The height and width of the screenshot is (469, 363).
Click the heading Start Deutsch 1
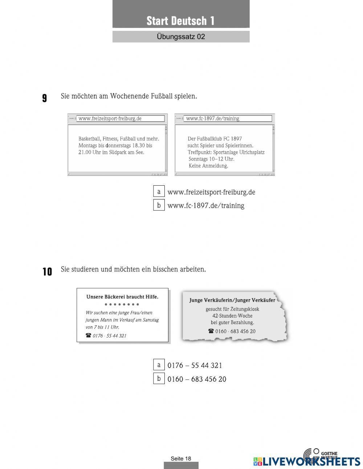(180, 21)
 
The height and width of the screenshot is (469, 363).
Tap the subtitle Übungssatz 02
(181, 37)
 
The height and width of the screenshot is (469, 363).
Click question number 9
(44, 98)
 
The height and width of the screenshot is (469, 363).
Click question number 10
(47, 271)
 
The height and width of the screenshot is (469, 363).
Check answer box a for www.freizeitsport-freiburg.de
(159, 191)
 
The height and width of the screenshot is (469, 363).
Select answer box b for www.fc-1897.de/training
(159, 205)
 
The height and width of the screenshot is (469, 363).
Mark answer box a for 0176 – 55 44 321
(159, 365)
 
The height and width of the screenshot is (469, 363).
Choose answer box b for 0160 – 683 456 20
(159, 379)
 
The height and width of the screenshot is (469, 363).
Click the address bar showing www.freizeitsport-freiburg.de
(120, 118)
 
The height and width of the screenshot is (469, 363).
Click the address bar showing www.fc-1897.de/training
(228, 118)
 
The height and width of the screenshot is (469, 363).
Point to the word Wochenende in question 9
(129, 96)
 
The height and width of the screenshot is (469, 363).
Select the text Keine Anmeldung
(208, 166)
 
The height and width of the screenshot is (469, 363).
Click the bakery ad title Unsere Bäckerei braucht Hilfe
(122, 297)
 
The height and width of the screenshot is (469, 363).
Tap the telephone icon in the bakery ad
(88, 335)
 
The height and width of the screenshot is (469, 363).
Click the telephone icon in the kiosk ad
(211, 331)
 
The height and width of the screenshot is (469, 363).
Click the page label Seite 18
(181, 458)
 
